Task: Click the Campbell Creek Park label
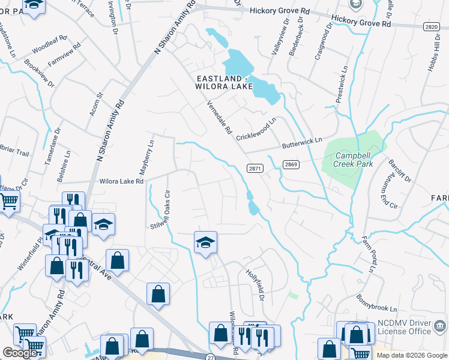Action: (354, 159)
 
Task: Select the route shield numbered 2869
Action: (292, 164)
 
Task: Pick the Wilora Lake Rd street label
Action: (121, 181)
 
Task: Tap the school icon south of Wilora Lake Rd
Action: (205, 242)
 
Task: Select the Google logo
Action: (20, 353)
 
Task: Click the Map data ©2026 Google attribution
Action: (411, 355)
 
